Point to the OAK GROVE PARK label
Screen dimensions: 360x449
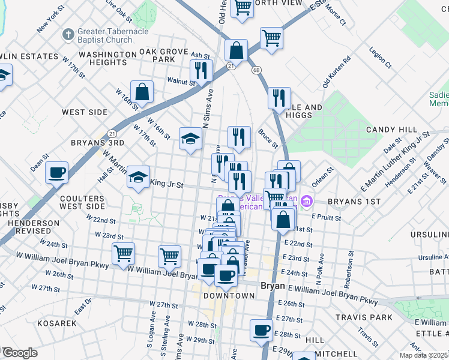(x=164, y=55)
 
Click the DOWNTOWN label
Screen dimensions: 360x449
(x=229, y=296)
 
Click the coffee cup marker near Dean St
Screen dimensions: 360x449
(x=58, y=172)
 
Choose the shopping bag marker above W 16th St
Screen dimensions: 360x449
(x=142, y=92)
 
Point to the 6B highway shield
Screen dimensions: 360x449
(x=257, y=71)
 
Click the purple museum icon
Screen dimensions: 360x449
(x=307, y=200)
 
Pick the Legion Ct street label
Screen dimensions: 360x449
(x=380, y=58)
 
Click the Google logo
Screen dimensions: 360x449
(x=19, y=353)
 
